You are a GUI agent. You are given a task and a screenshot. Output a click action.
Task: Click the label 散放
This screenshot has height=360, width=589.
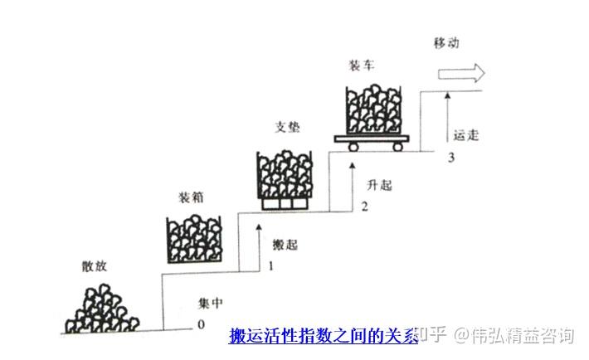(x=96, y=267)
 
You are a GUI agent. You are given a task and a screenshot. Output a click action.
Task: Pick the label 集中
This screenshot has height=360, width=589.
(x=210, y=302)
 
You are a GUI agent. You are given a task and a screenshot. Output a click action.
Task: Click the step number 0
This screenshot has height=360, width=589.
(x=200, y=324)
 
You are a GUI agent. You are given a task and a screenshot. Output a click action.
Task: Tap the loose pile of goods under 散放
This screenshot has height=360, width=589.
(x=102, y=306)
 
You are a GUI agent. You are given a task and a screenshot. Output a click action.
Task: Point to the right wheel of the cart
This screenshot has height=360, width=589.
(x=400, y=147)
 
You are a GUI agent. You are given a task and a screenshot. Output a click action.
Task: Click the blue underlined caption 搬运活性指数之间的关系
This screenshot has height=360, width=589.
(x=323, y=336)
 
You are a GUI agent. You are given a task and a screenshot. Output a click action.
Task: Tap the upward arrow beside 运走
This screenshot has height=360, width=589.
(x=448, y=121)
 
